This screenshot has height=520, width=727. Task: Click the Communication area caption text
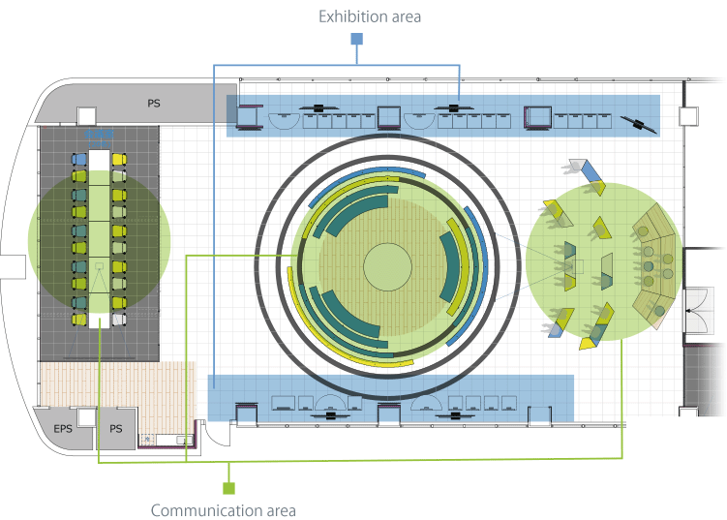[224, 509]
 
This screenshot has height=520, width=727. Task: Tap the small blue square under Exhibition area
[356, 39]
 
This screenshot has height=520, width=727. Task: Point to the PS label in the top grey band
[154, 102]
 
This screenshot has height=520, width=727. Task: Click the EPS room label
[63, 427]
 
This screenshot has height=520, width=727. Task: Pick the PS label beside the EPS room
[115, 427]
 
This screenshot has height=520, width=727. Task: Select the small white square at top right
[688, 116]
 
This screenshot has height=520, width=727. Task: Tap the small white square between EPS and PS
[87, 417]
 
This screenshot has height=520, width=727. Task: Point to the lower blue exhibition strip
[391, 397]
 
